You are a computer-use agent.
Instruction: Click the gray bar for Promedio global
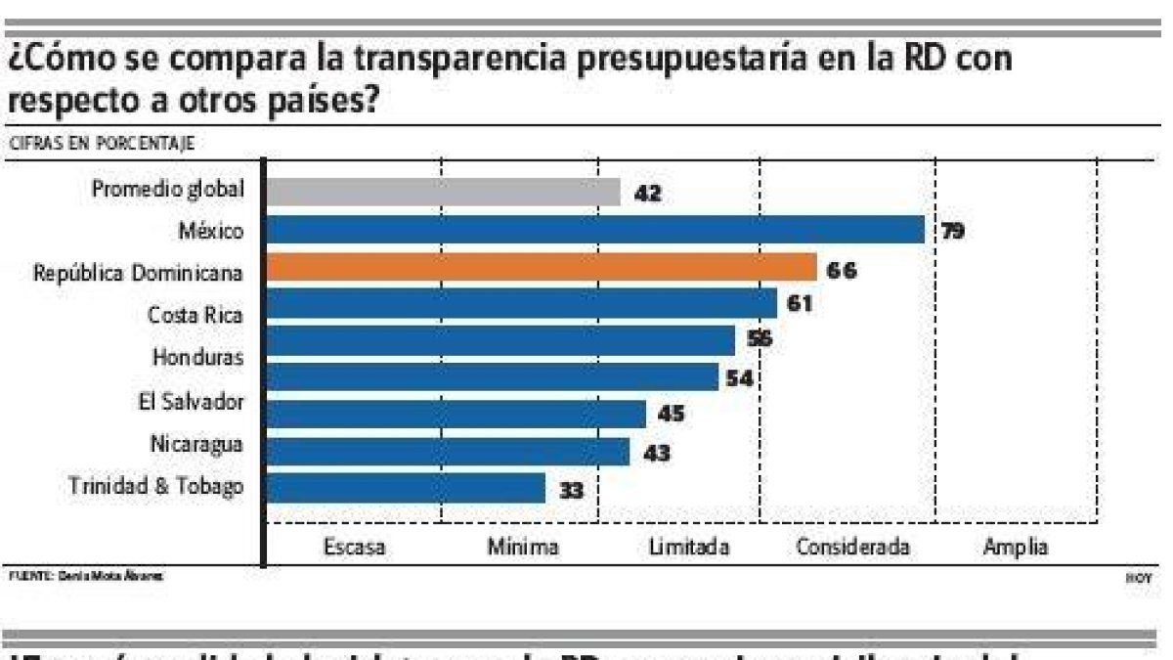(x=443, y=192)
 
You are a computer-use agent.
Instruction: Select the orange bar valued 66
(x=542, y=267)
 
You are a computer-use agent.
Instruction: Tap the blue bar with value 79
(x=595, y=230)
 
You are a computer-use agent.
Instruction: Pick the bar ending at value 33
(x=406, y=487)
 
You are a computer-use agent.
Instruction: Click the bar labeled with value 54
(x=493, y=377)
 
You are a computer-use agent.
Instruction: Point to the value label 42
(x=647, y=194)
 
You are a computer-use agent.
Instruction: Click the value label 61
(x=799, y=304)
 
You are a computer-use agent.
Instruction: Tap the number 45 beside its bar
(x=670, y=414)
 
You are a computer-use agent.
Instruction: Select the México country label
(x=211, y=231)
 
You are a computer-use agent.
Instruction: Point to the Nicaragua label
(x=196, y=444)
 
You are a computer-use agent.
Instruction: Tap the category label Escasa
(x=354, y=547)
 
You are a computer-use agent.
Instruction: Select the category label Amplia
(x=1016, y=547)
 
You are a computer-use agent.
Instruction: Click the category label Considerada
(x=852, y=547)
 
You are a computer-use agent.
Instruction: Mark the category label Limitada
(x=689, y=547)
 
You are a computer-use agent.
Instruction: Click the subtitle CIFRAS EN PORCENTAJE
(x=101, y=143)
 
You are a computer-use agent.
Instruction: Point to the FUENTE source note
(x=85, y=576)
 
